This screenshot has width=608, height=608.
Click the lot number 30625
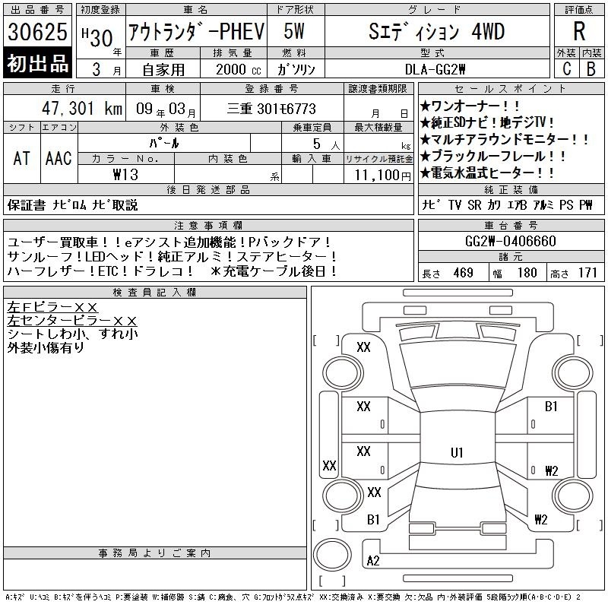[37, 32]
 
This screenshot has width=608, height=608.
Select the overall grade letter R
[579, 31]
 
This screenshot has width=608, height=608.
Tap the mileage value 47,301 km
[82, 109]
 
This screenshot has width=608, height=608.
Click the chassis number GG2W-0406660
[511, 241]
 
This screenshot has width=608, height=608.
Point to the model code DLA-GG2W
[435, 69]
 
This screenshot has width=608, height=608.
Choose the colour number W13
[125, 175]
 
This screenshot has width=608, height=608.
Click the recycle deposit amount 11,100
[377, 176]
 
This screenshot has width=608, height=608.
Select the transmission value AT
[22, 158]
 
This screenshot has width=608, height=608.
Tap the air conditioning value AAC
[59, 158]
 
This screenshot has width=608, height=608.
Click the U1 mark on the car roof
[457, 452]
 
